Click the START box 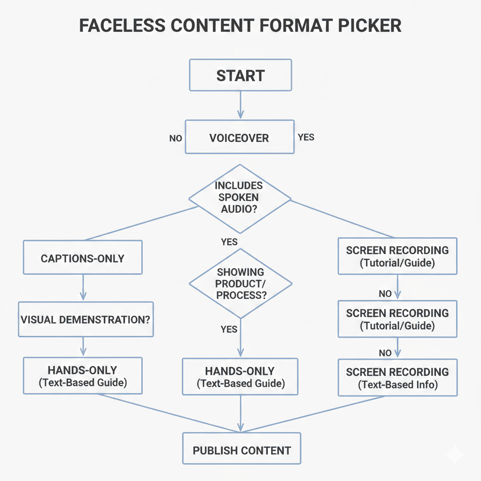click(x=240, y=75)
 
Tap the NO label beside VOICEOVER click(x=175, y=139)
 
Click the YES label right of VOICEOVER click(x=306, y=137)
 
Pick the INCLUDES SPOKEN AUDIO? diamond click(x=240, y=198)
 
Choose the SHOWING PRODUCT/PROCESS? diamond click(x=240, y=284)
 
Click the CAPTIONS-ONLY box click(x=82, y=257)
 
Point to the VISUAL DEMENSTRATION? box click(x=85, y=319)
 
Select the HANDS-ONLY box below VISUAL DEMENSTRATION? click(x=82, y=376)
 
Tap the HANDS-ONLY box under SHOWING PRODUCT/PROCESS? click(x=240, y=377)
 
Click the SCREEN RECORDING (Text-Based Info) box click(x=397, y=378)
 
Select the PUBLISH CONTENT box click(x=241, y=450)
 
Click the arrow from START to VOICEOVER click(x=240, y=105)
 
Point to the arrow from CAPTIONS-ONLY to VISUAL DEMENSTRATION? click(x=83, y=287)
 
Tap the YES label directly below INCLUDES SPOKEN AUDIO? click(x=229, y=242)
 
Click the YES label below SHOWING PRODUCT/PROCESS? click(x=229, y=329)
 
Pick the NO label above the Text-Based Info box click(x=385, y=352)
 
